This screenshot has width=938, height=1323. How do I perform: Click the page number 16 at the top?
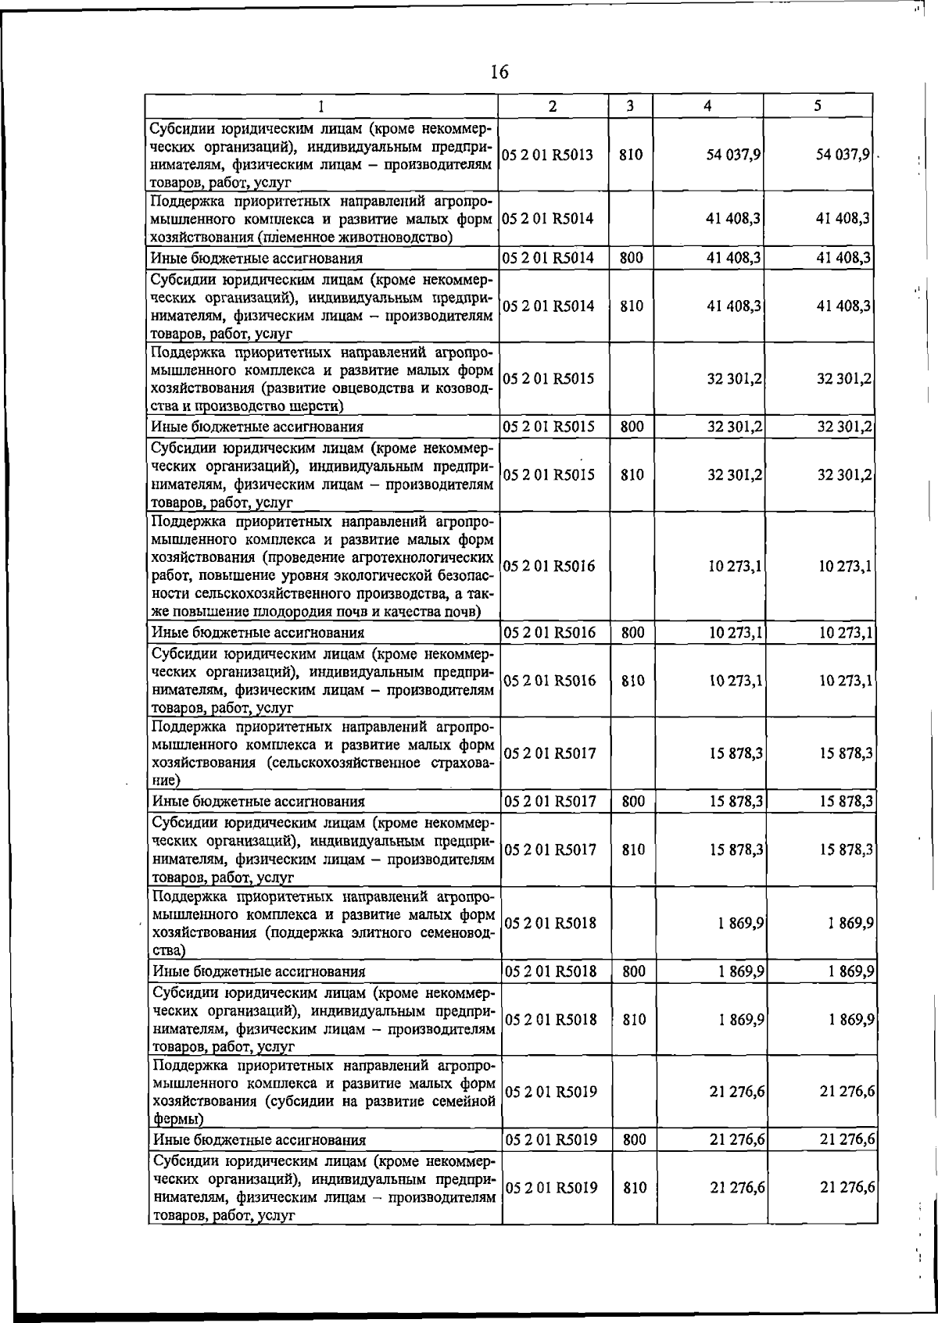(499, 73)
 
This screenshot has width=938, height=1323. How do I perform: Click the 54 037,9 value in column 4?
(733, 155)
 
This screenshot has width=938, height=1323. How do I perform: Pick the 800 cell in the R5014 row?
(631, 257)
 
